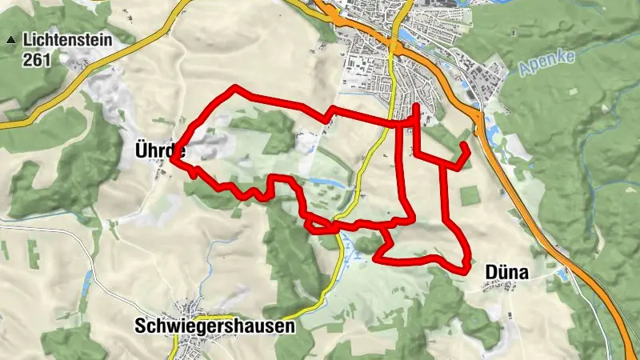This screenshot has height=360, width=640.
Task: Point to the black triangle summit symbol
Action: pos(10,39)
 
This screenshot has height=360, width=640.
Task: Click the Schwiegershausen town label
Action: pos(214,326)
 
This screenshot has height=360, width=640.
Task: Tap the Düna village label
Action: pos(506,274)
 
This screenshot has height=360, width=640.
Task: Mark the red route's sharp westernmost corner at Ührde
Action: pos(172,159)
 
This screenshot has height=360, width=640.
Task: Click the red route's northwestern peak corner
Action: pos(234,87)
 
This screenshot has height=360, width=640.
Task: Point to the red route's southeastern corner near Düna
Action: pos(466,271)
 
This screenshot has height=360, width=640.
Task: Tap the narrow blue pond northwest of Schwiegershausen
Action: pos(87,281)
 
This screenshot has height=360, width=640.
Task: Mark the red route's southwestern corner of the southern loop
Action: pos(376,258)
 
